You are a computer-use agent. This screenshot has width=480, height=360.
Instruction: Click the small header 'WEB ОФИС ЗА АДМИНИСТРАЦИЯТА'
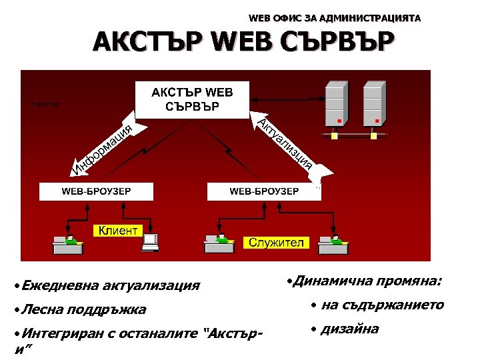[334, 19]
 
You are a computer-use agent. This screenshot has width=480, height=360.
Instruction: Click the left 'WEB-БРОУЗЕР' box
[96, 191]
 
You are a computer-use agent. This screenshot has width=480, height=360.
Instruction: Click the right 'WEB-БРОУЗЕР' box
[263, 191]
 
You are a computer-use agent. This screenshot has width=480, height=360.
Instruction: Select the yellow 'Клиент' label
[118, 231]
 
